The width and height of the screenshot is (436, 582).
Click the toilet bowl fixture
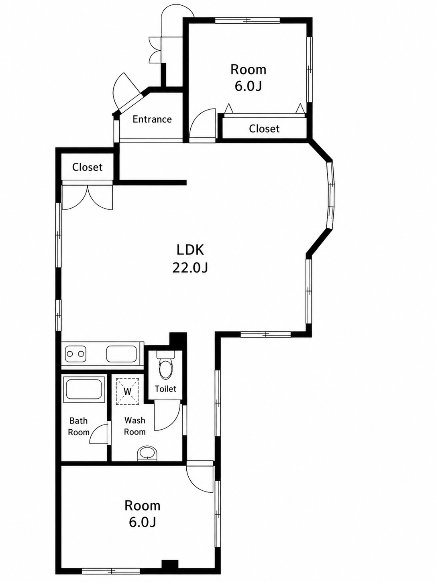point(166,366)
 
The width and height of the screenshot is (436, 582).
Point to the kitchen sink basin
point(121,354)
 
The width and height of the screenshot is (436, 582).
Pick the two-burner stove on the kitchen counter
point(76,354)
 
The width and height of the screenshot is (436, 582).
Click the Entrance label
point(152,119)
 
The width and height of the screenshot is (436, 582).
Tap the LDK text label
point(190,250)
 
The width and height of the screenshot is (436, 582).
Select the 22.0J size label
point(190,268)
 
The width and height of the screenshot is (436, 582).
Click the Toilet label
point(165,389)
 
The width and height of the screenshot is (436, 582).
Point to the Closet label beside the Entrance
point(88,167)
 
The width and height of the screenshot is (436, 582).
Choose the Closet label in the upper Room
point(264,129)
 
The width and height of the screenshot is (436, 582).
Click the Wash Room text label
point(135,426)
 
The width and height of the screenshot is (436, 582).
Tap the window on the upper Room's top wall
point(247,20)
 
